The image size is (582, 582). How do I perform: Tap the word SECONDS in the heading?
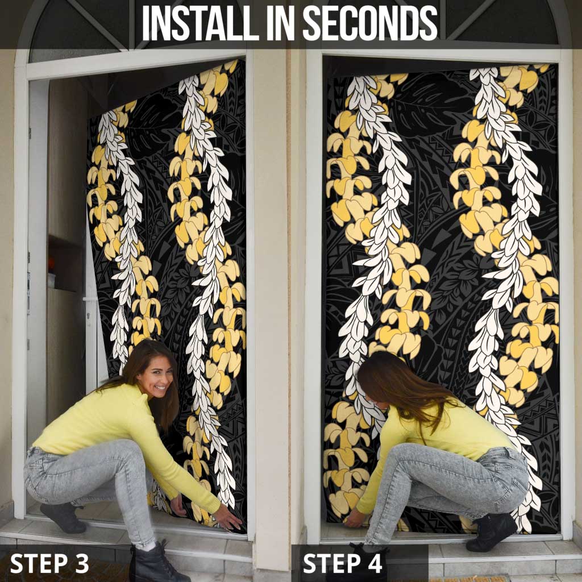[370, 23]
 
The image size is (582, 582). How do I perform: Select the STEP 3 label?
[49, 563]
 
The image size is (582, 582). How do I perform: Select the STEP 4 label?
[342, 563]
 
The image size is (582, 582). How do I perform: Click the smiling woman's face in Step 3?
[156, 377]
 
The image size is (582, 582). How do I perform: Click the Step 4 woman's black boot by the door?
[490, 531]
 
